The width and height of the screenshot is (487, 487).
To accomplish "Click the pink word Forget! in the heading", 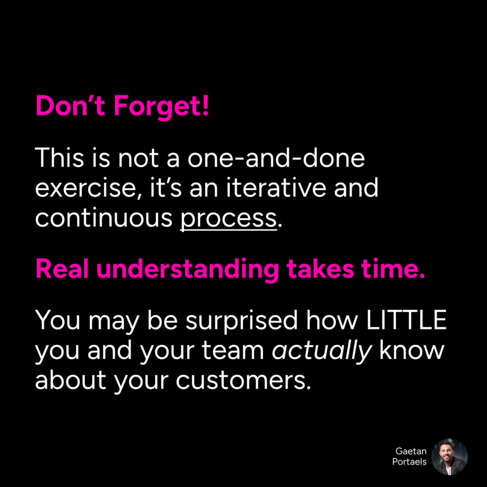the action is (x=161, y=107).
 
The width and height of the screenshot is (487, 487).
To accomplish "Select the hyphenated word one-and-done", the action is (x=276, y=158).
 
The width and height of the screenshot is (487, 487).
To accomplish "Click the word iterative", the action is (x=276, y=188).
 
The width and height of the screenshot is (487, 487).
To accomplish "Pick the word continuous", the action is (x=104, y=218).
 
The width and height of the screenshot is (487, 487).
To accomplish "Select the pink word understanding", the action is (x=187, y=270).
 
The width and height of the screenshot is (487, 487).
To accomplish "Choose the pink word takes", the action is (x=320, y=269).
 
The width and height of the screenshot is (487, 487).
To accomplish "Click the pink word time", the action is (x=393, y=269).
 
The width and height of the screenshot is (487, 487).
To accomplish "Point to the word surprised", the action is (x=242, y=321).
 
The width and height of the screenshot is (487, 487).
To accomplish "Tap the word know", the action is (x=412, y=350).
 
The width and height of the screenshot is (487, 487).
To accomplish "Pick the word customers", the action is (x=243, y=380).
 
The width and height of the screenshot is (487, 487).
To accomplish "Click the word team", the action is (x=233, y=351).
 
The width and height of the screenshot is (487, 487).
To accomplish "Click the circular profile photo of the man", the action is (x=449, y=457).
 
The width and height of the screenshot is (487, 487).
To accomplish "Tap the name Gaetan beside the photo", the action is (x=411, y=451).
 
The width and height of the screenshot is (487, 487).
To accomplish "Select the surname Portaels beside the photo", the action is (x=409, y=461).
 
